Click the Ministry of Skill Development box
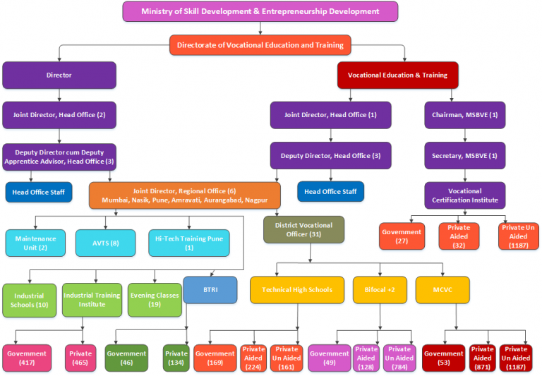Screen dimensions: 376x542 point(260,11)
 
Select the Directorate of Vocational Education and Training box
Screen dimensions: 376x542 point(260,45)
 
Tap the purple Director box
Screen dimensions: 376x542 point(59,75)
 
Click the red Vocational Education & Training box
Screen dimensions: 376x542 point(397,75)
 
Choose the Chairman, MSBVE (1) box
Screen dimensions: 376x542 point(464,115)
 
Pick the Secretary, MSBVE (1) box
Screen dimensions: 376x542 point(464,155)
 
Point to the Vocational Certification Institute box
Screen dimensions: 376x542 point(464,195)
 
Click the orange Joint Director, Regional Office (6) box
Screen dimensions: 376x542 point(184,195)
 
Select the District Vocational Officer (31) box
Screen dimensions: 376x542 point(303,229)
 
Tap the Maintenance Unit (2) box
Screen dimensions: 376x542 point(35,243)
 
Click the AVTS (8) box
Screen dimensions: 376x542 point(105,243)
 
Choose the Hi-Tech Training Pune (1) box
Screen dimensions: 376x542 point(188,243)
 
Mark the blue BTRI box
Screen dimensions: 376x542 point(210,290)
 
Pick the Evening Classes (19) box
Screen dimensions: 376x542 point(154,300)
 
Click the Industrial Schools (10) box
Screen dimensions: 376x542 point(29,300)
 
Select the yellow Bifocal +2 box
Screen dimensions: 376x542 point(380,290)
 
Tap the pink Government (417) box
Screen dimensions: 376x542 point(27,358)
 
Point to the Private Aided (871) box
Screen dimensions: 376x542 point(482,358)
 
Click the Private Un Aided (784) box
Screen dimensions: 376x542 point(399,358)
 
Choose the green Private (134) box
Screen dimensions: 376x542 point(176,358)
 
